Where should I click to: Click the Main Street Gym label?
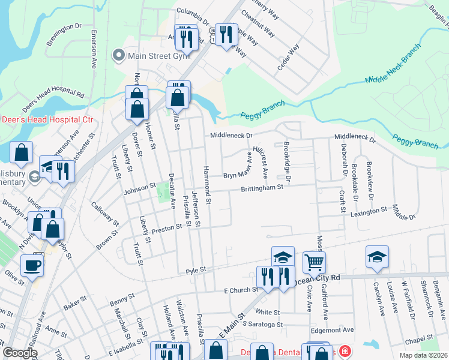coord(150,56)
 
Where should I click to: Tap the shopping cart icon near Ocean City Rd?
coord(314,262)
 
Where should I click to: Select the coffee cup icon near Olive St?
coord(32,265)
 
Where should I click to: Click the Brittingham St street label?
coord(262,188)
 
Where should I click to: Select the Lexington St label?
coord(368,212)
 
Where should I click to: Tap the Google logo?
coord(20,353)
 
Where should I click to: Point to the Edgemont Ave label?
coord(332,330)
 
